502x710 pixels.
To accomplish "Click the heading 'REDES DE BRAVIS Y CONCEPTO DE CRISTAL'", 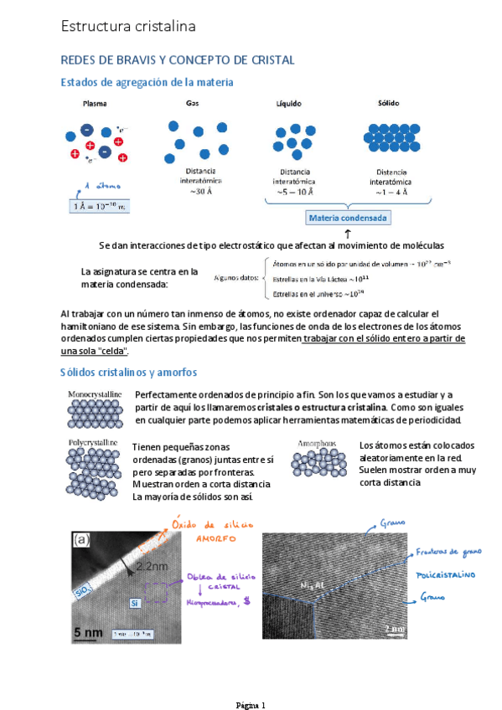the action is pos(177,60).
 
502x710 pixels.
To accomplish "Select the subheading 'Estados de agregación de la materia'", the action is pos(147,82).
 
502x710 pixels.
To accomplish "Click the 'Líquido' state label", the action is pos(289,104).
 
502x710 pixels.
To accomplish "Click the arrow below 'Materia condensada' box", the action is pos(348,233).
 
